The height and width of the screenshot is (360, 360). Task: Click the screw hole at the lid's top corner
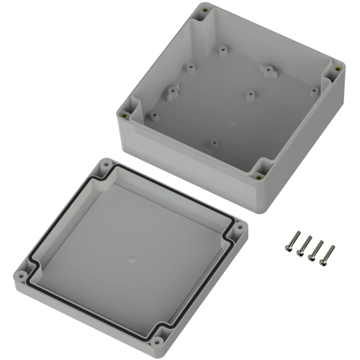pyautogui.click(x=107, y=165)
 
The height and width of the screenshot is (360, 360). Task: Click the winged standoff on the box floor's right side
pyautogui.click(x=269, y=71)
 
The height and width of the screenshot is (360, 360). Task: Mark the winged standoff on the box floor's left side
pyautogui.click(x=172, y=92)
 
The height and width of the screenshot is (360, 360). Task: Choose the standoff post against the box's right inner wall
pyautogui.click(x=313, y=91)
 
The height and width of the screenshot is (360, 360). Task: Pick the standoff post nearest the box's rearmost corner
pyautogui.click(x=223, y=50)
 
